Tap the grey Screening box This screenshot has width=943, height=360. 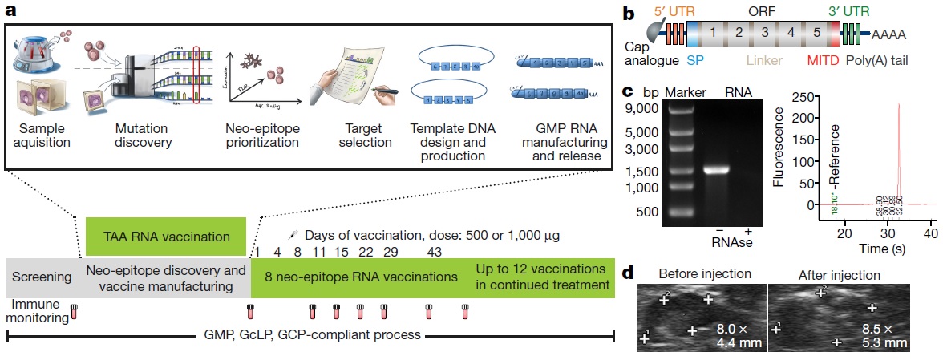[x=42, y=278]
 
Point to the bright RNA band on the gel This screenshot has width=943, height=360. [x=716, y=169]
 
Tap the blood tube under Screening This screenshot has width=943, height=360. [x=74, y=310]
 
